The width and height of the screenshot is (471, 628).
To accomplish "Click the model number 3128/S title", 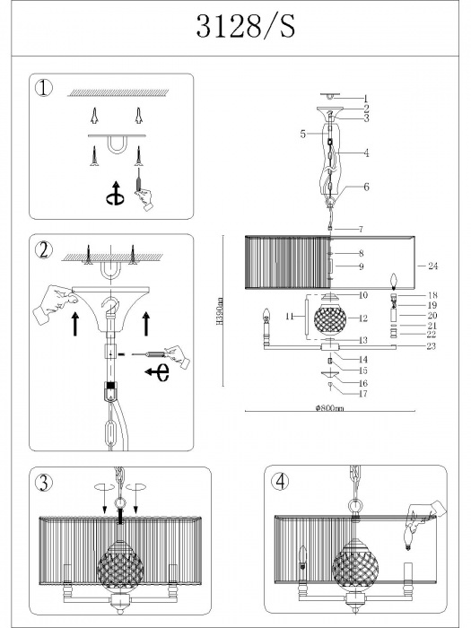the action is click(246, 26).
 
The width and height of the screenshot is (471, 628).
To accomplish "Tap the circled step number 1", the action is click(44, 88).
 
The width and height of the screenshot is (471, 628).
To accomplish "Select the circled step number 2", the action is click(44, 250).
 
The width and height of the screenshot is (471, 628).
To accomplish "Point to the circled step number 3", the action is click(44, 483).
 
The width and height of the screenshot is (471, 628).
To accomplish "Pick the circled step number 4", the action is click(280, 482).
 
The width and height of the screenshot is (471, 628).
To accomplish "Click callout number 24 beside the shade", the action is click(433, 266).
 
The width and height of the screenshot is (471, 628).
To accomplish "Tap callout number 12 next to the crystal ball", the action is click(362, 318).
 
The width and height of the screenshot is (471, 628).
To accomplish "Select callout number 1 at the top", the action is click(365, 98).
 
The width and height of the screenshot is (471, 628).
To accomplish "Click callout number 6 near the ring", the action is click(366, 187).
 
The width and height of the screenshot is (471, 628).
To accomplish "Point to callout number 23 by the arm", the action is click(431, 346).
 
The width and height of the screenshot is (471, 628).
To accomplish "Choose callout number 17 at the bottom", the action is click(362, 394).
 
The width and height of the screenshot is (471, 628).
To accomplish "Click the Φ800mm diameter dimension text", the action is click(329, 408).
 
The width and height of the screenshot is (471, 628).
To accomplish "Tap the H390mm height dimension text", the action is click(219, 310).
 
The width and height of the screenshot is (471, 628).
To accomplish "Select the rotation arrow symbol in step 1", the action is click(116, 194).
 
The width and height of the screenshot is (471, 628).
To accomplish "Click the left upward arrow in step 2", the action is click(74, 324).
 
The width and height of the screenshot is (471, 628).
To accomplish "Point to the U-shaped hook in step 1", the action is click(117, 145).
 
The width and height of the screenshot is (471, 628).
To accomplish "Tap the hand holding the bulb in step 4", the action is click(425, 514).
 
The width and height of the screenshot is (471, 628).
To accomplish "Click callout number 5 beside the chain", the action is click(303, 134).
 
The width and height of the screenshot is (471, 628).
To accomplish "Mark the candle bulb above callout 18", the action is click(394, 283).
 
